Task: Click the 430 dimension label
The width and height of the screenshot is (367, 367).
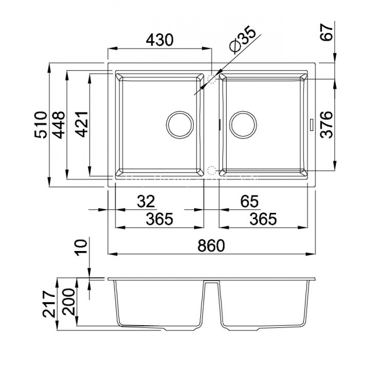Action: (x=159, y=40)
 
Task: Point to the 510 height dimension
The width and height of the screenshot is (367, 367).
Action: (x=41, y=124)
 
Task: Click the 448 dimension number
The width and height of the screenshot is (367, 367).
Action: (x=59, y=124)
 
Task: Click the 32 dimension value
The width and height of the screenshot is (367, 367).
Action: (x=146, y=201)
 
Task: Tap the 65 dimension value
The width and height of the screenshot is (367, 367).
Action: (x=250, y=201)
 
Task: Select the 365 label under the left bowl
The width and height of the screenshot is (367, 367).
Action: (x=159, y=219)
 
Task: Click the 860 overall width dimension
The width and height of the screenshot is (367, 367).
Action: (x=211, y=245)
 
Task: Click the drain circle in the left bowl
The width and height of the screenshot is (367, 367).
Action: (x=180, y=125)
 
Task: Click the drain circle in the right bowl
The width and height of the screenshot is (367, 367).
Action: (x=243, y=125)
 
